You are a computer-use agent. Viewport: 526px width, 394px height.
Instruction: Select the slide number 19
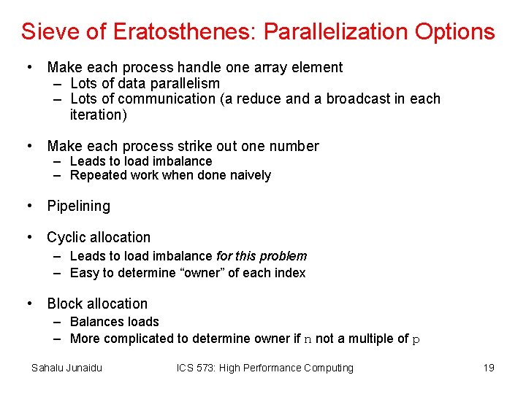coord(489,368)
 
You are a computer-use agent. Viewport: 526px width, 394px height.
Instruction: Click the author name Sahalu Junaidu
coord(66,368)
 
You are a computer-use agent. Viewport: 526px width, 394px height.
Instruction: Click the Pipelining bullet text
coord(79,206)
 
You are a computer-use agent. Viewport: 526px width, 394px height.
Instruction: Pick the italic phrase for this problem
coord(262,256)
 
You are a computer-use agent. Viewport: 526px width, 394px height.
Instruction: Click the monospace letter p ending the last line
coord(416,339)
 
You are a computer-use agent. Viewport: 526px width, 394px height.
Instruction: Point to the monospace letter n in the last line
coord(308,339)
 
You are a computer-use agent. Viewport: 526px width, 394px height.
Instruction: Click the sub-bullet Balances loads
coord(114,322)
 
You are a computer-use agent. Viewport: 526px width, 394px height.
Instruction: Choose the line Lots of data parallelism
coord(145,83)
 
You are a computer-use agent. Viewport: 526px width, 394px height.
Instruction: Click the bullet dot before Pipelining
coord(28,206)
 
